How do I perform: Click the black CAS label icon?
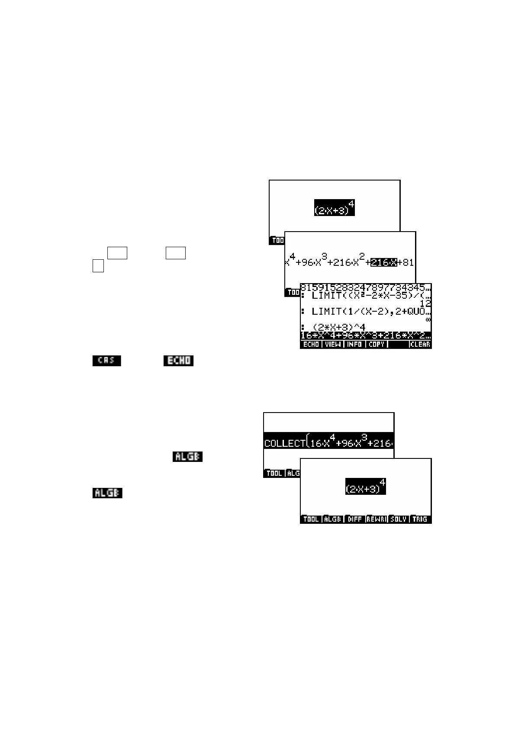pyautogui.click(x=106, y=361)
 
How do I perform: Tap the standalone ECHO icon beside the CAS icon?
pyautogui.click(x=178, y=361)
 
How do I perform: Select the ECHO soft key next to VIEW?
pyautogui.click(x=311, y=345)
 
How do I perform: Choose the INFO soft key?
pyautogui.click(x=354, y=345)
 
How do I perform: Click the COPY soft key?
pyautogui.click(x=377, y=345)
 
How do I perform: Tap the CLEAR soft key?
pyautogui.click(x=420, y=345)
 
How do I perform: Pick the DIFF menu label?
pyautogui.click(x=354, y=519)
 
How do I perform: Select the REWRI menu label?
pyautogui.click(x=377, y=519)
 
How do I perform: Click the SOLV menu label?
pyautogui.click(x=398, y=519)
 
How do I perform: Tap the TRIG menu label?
pyautogui.click(x=420, y=519)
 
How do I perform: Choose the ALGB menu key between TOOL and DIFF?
pyautogui.click(x=332, y=519)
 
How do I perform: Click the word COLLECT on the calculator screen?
pyautogui.click(x=284, y=443)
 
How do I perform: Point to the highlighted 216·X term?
pyautogui.click(x=383, y=262)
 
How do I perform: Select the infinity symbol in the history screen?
pyautogui.click(x=428, y=319)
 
